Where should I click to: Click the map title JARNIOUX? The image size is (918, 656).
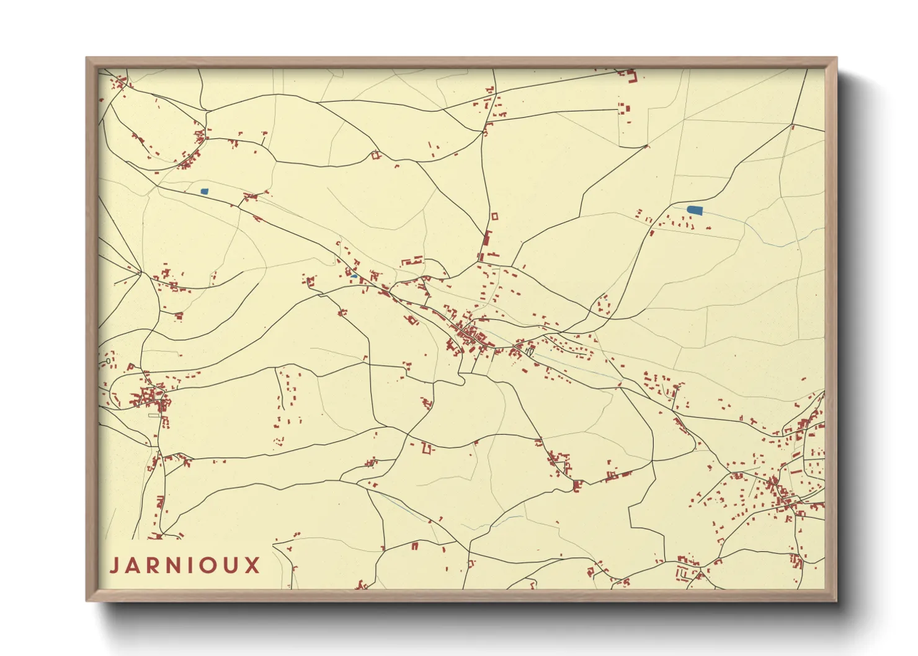coord(185,565)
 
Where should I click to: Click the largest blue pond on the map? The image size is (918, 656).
coord(695,210)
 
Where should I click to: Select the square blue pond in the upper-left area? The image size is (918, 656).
coord(205,192)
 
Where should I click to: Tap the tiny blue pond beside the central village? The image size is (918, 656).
coord(354,275)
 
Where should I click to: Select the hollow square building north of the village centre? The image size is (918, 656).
coord(494,216)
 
